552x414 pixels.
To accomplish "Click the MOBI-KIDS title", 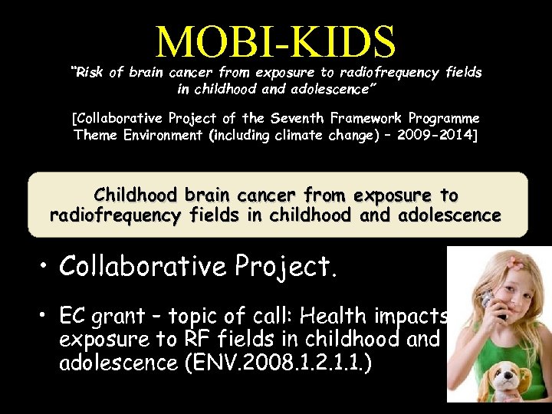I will coord(276,42).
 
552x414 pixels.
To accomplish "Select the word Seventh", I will coord(293,119).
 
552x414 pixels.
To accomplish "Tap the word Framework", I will coord(360,119).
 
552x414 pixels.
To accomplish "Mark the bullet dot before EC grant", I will coord(46,316).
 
